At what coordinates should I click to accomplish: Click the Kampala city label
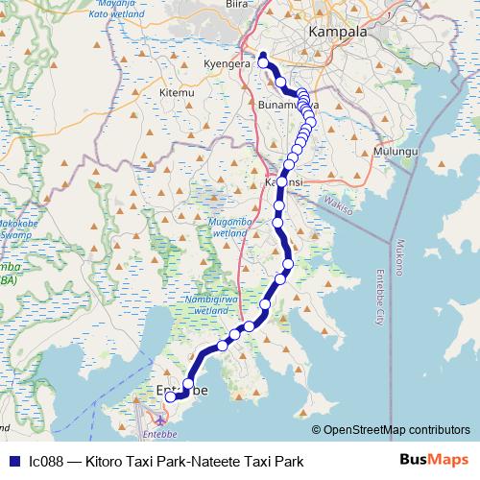[337, 33]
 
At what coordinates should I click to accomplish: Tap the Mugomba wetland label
[228, 227]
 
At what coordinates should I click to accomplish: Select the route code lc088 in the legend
[46, 462]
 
